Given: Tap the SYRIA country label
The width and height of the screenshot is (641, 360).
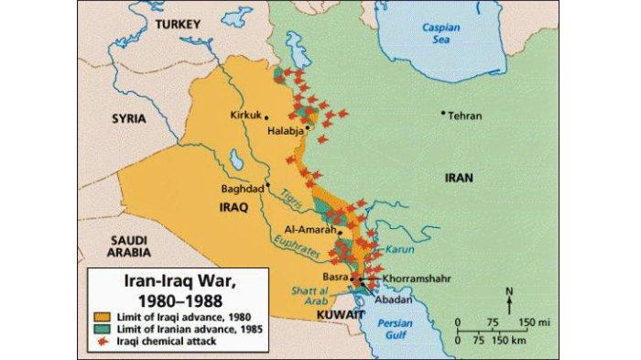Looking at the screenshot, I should (128, 119).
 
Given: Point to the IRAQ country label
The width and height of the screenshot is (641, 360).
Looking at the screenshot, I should (234, 207).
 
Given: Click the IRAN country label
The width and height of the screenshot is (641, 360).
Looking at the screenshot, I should (458, 178).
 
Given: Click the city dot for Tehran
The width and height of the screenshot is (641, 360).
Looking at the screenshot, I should (443, 114).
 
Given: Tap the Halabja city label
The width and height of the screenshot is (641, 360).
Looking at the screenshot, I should (284, 132).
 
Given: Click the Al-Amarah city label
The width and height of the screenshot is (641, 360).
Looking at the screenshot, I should (305, 231).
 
